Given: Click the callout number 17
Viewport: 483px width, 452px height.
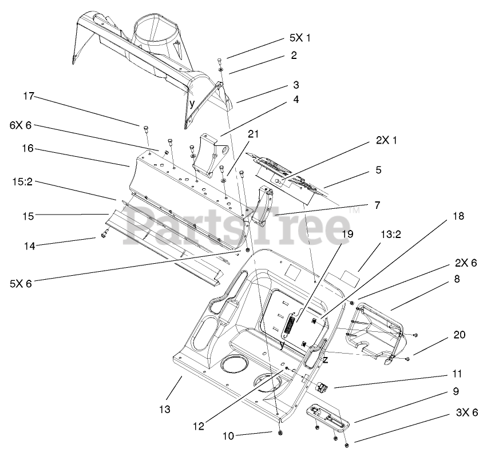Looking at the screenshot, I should (x=29, y=97).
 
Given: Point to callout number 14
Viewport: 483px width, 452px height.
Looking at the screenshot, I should (x=29, y=245).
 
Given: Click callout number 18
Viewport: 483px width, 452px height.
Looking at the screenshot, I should (x=457, y=217).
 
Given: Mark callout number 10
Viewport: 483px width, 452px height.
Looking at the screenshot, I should (x=228, y=436).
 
